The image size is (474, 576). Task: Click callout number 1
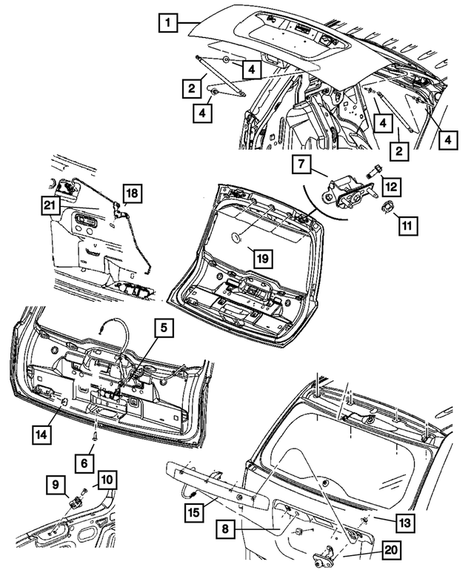[169, 24]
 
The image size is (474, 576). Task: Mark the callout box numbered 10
[107, 480]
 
